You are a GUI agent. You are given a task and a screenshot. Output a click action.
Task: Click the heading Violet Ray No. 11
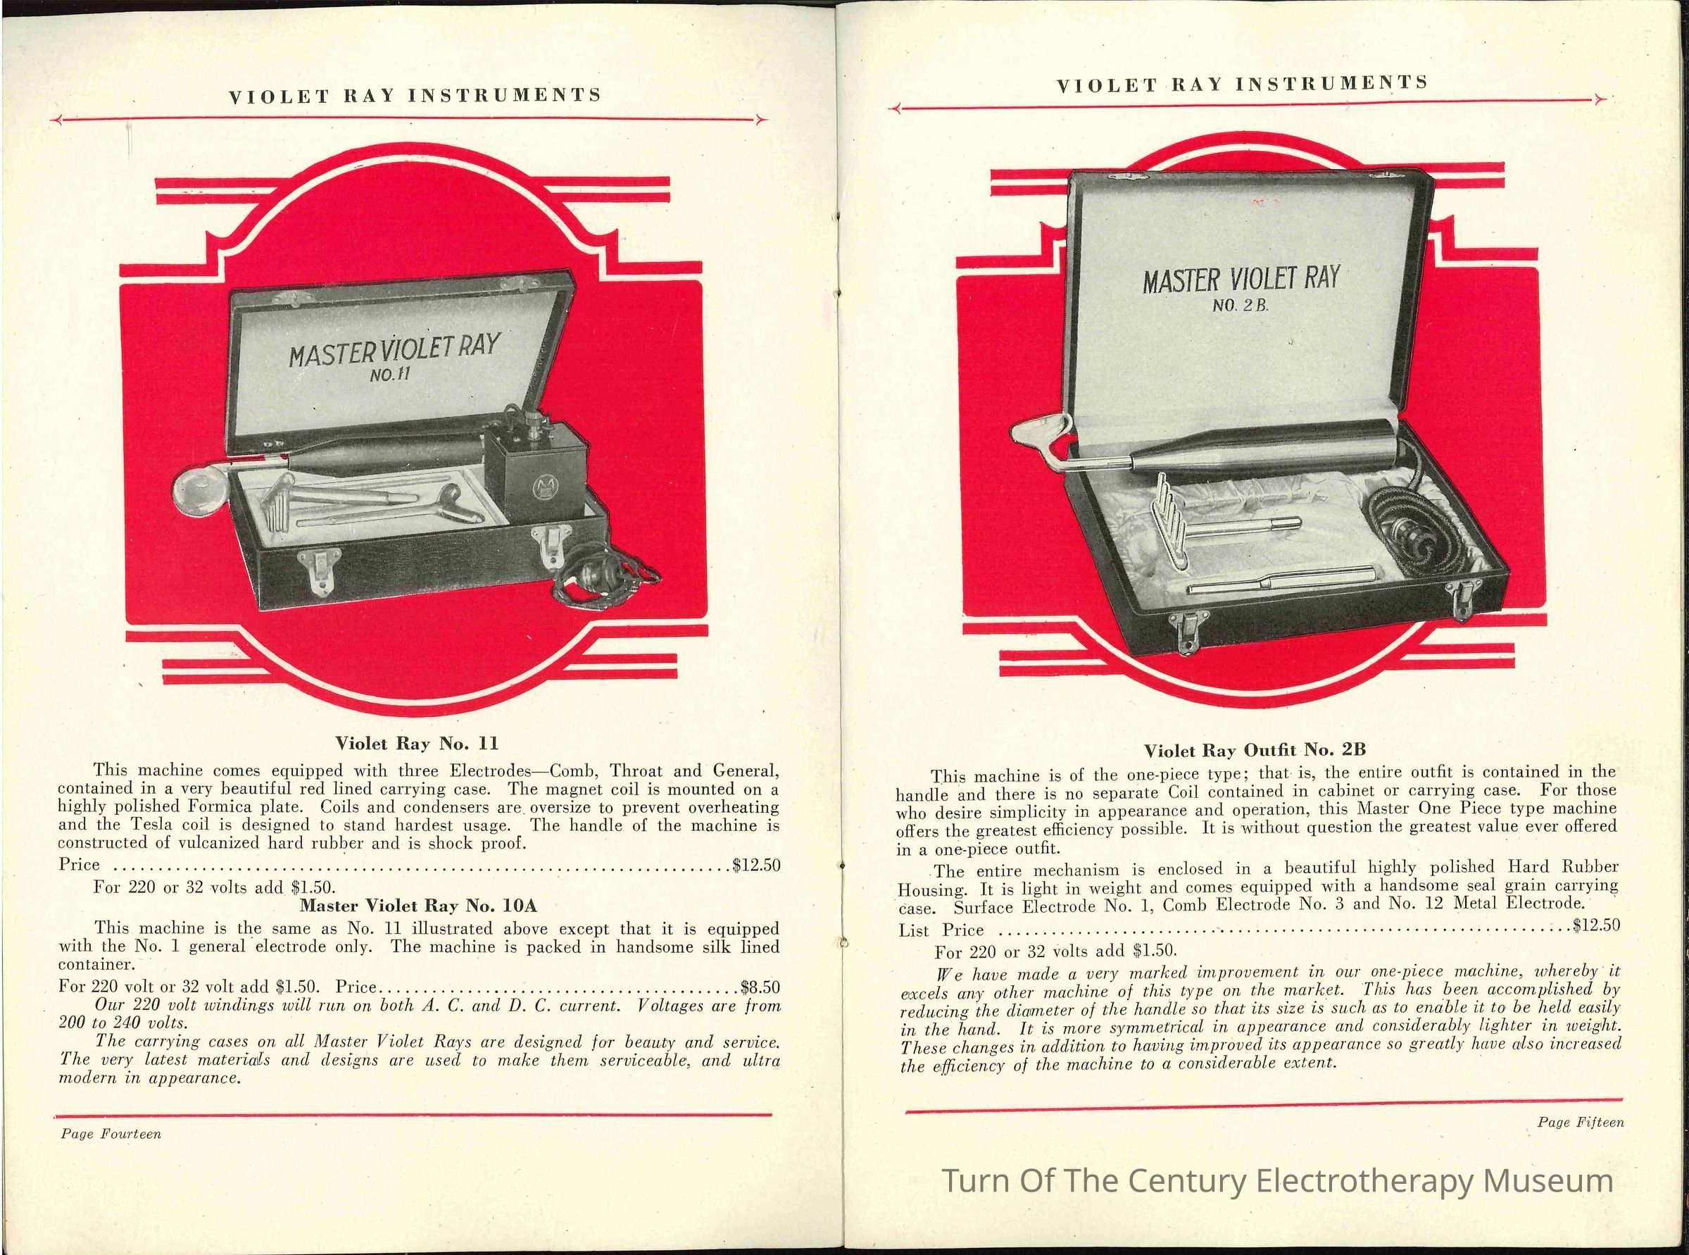pyautogui.click(x=417, y=742)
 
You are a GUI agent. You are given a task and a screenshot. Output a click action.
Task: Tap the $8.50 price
pyautogui.click(x=760, y=987)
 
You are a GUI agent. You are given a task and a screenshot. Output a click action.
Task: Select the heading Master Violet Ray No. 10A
pyautogui.click(x=418, y=906)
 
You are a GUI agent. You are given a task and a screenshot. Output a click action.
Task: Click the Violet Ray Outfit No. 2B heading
pyautogui.click(x=1255, y=751)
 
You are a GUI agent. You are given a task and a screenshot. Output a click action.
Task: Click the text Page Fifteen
pyautogui.click(x=1581, y=1122)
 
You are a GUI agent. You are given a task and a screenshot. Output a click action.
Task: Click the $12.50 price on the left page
pyautogui.click(x=756, y=865)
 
